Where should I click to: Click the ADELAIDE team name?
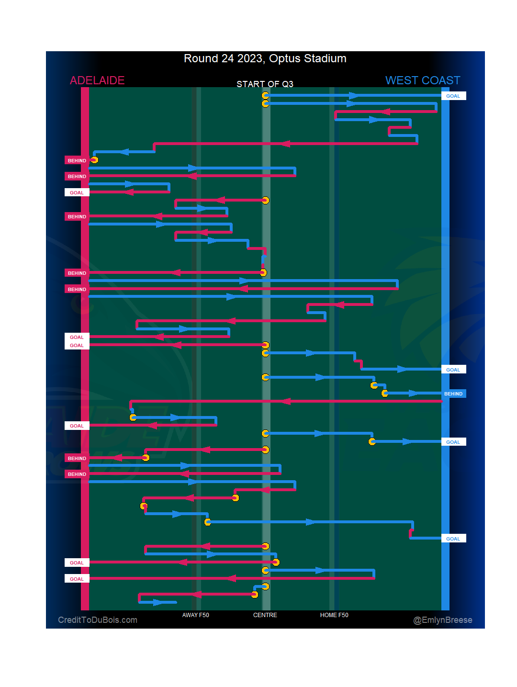(97, 80)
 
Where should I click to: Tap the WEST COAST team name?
(423, 80)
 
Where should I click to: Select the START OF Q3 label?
(265, 84)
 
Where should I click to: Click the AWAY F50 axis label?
(195, 615)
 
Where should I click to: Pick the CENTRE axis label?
(265, 615)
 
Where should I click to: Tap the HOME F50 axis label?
(334, 615)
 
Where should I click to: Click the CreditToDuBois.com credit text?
(98, 620)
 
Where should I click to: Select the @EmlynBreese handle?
(443, 620)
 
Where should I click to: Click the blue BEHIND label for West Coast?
(453, 394)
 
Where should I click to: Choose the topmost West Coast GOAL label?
(453, 96)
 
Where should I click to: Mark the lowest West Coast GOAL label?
(453, 539)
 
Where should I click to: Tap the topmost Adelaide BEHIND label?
(77, 161)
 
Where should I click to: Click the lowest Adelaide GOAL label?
(77, 579)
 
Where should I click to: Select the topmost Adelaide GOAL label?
(77, 193)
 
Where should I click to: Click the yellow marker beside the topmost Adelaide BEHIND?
(94, 160)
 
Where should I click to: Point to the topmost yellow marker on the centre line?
(266, 95)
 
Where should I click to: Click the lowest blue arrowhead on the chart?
(157, 602)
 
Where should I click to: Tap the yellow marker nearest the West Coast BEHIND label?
(385, 394)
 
